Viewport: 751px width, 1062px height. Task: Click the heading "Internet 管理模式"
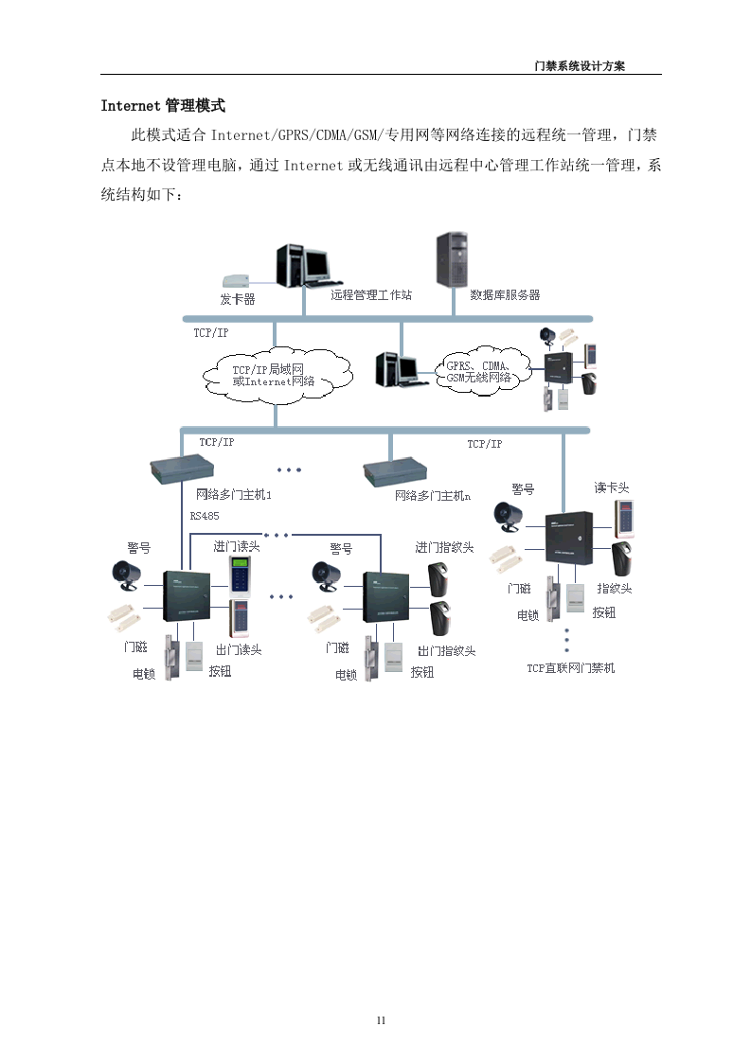163,105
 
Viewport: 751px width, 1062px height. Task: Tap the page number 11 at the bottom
381,1019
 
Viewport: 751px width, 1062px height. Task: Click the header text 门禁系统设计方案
580,66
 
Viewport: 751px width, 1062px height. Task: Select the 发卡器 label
238,298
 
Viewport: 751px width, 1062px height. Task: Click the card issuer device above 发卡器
235,281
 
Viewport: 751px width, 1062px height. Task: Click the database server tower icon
451,258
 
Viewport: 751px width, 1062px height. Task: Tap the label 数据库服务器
505,295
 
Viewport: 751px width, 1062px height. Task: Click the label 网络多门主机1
233,495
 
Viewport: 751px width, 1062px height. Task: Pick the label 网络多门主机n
433,495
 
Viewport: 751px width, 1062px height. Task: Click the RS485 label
204,516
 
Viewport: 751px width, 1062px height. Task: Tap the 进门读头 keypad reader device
240,575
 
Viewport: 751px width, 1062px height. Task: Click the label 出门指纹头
446,650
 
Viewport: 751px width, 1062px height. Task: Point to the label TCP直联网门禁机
570,667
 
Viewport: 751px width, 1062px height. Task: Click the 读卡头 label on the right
612,487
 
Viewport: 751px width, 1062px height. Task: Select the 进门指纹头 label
444,547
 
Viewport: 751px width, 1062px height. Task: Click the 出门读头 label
239,649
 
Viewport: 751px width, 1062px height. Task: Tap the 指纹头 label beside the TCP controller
614,589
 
